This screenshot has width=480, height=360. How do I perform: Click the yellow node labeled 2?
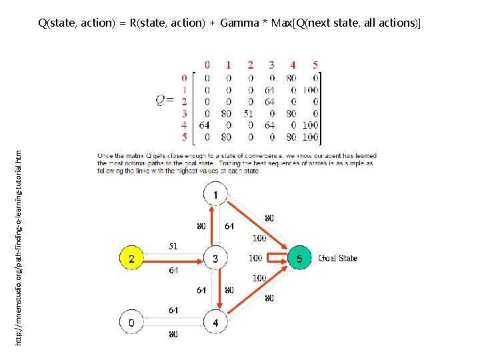coord(132,259)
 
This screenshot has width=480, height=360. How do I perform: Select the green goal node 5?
coord(299,259)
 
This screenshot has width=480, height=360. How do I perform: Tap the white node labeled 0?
coord(132,323)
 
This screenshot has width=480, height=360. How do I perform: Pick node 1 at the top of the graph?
coord(215,195)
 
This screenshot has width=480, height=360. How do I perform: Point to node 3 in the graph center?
coord(215,259)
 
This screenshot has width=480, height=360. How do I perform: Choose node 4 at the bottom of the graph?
coord(215,323)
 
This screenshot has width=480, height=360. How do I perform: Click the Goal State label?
coord(337,259)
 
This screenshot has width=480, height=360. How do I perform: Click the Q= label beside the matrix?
coord(166,100)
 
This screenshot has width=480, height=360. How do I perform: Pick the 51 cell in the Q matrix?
coord(248,113)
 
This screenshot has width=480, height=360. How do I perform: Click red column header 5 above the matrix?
coord(315,65)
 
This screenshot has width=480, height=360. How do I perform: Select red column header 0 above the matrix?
coord(207,65)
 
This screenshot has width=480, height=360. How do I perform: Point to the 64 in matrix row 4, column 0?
coord(205,125)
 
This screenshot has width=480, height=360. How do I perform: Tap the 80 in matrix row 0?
coord(291,77)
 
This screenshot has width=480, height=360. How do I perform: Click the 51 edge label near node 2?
coord(173,245)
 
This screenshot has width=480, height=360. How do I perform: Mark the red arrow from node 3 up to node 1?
coord(211,227)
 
